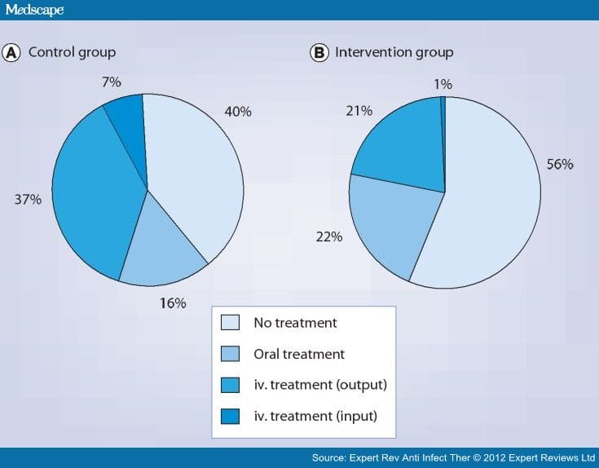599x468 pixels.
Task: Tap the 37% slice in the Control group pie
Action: click(94, 196)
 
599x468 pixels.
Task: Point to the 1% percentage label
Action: click(443, 83)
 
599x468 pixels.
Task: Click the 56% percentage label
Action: click(560, 165)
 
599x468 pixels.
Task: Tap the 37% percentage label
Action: click(27, 198)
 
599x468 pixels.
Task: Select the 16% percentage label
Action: click(172, 303)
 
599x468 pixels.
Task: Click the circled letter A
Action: click(11, 53)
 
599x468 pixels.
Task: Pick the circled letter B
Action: click(319, 53)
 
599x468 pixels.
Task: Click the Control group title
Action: click(72, 52)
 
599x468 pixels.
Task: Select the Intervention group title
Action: click(394, 52)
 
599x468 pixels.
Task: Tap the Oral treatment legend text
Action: click(299, 354)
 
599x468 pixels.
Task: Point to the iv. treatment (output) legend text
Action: click(317, 385)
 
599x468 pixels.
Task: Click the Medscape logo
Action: click(34, 11)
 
